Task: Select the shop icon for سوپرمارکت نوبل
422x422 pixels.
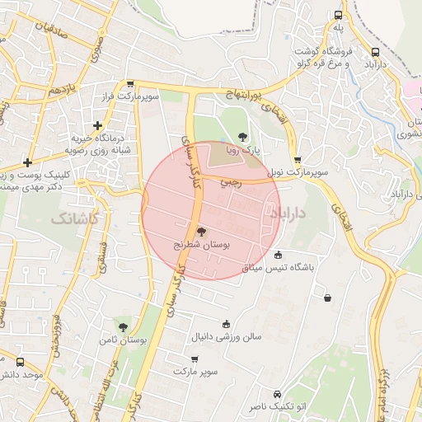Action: [298, 160]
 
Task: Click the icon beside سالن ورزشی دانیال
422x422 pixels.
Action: [226, 324]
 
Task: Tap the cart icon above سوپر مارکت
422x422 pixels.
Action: [195, 359]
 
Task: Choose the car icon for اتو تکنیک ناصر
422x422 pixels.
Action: [277, 394]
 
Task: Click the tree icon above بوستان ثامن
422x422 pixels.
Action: [123, 327]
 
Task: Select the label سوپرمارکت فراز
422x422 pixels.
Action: [129, 96]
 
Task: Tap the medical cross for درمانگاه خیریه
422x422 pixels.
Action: [98, 126]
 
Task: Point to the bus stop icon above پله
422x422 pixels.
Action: [338, 15]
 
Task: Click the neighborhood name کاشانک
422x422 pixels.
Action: [75, 218]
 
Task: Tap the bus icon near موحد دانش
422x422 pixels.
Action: [20, 362]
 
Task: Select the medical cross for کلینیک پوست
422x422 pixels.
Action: [28, 162]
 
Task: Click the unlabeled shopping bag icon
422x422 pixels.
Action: [328, 298]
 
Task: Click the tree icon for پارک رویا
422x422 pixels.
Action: [241, 137]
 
